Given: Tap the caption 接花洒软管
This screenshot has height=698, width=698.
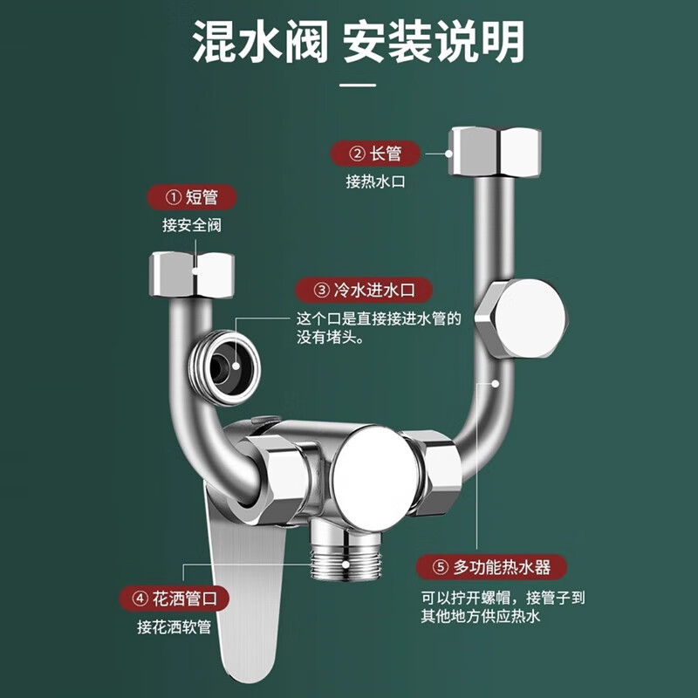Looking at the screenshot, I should pos(174,626).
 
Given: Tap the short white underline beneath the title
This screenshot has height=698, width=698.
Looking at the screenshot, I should pos(357,85).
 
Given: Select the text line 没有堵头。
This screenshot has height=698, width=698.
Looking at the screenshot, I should pos(332,337).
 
